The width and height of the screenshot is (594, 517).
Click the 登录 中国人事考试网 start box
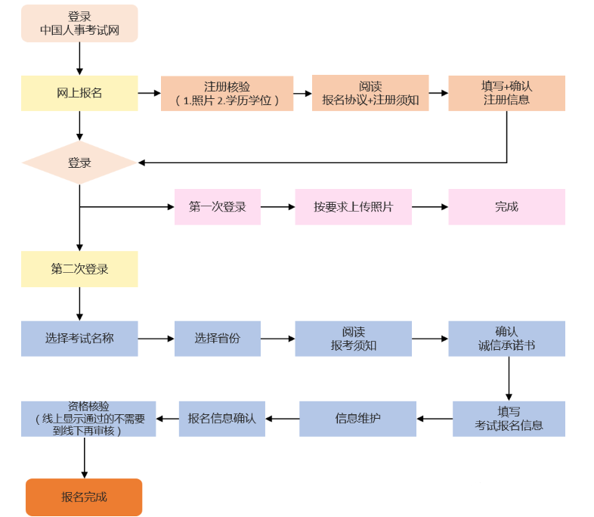[79, 23]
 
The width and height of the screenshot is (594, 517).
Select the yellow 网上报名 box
[79, 93]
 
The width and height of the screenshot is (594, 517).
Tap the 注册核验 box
[227, 93]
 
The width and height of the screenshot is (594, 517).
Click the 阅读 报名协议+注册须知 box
[370, 93]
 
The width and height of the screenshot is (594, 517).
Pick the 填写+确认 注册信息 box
[506, 93]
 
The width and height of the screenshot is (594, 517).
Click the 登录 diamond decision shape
[79, 163]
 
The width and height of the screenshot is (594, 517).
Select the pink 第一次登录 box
[218, 206]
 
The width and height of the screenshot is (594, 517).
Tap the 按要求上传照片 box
[353, 206]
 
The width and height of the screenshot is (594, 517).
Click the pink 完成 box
[506, 206]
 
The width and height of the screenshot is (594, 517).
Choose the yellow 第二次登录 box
[79, 268]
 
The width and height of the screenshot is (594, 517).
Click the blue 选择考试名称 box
[79, 339]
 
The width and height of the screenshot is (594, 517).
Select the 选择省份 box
[218, 339]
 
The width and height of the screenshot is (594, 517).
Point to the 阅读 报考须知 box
[353, 339]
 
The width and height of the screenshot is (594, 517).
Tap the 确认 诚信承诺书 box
[506, 339]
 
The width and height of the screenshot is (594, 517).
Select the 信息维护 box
[357, 418]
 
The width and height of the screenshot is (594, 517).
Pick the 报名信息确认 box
[221, 418]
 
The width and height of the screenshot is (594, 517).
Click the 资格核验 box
[88, 418]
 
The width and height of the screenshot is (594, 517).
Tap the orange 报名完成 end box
[84, 497]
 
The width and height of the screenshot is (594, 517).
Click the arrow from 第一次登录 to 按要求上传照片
[277, 206]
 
